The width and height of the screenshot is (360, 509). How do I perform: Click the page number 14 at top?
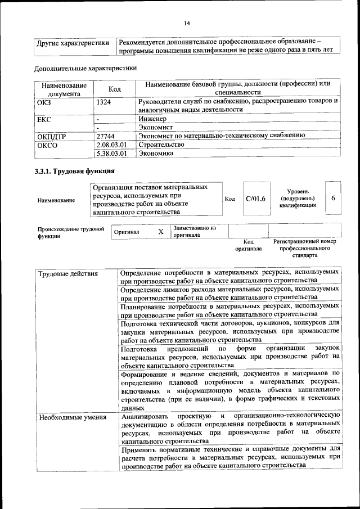[187, 23]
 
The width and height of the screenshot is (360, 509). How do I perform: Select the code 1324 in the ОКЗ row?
[104, 102]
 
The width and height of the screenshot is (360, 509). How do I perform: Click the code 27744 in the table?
[106, 136]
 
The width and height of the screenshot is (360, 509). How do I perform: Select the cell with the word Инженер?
[153, 119]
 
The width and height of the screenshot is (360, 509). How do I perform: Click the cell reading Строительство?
[161, 144]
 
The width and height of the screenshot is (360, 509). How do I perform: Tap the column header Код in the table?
[115, 89]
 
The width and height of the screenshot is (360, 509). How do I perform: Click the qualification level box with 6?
[334, 199]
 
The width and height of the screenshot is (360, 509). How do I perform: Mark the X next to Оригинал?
[160, 231]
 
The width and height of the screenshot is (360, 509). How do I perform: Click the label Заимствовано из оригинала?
[195, 232]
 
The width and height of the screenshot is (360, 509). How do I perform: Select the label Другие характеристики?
[73, 43]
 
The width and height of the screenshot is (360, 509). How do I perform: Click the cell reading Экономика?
[156, 152]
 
